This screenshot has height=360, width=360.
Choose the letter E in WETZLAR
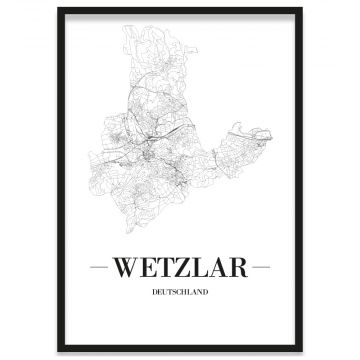tap(148, 268)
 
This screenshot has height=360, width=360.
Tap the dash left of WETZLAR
tap(101, 268)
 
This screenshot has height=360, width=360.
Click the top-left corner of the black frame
tap(58, 9)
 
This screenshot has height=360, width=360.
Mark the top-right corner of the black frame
tap(302, 9)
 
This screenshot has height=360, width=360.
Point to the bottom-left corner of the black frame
tap(58, 351)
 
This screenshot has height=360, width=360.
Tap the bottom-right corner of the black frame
tap(302, 351)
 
